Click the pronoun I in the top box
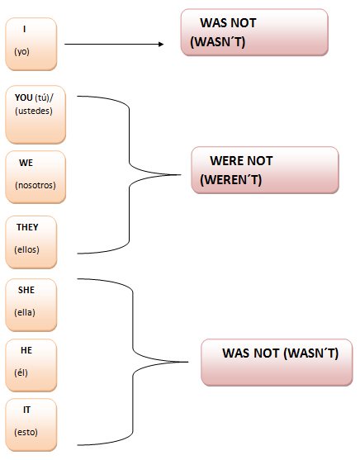24,29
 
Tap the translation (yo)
21,52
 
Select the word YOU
23,97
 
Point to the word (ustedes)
34,111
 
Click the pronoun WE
26,163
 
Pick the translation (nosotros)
36,185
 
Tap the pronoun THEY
27,227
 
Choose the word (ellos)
26,249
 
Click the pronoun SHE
26,290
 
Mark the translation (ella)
25,312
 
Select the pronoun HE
26,350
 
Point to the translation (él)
21,372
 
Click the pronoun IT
26,410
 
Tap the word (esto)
26,432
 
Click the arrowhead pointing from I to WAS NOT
161,44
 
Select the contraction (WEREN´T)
230,179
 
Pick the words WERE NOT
241,161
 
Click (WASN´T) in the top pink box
217,41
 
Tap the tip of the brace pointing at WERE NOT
181,175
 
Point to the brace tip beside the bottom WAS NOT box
187,362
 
